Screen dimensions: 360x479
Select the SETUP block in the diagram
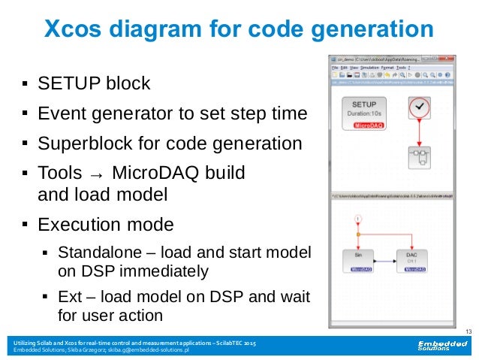pyautogui.click(x=365, y=114)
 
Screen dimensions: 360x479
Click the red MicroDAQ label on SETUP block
pyautogui.click(x=365, y=126)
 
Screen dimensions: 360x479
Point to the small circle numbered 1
pyautogui.click(x=358, y=219)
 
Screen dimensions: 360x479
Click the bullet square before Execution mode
pyautogui.click(x=25, y=224)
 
